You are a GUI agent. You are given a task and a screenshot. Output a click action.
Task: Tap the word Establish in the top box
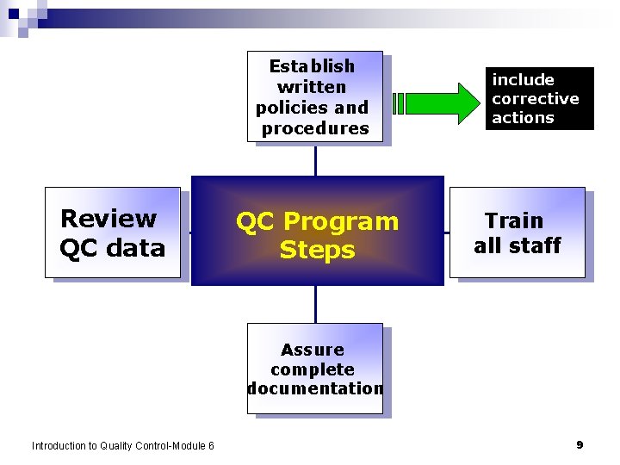(x=312, y=66)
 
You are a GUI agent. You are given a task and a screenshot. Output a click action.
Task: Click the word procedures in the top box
(x=315, y=128)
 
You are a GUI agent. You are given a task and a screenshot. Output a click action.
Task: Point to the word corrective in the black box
(x=535, y=98)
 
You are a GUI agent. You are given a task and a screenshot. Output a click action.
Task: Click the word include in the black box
(x=523, y=79)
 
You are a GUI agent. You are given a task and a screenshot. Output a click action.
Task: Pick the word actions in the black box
(x=523, y=118)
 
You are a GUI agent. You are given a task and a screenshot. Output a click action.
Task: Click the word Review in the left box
(x=108, y=219)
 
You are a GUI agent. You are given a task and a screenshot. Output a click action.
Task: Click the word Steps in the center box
(x=317, y=250)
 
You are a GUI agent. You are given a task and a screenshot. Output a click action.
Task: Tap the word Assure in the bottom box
(x=312, y=350)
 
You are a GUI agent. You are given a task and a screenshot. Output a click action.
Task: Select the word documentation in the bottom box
(x=315, y=388)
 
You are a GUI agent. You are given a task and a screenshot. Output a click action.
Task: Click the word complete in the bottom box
(x=312, y=369)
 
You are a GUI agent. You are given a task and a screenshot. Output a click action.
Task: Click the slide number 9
(x=580, y=444)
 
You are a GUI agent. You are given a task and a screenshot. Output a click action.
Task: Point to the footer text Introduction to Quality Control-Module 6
(x=123, y=445)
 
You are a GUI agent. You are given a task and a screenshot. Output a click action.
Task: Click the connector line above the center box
(x=315, y=160)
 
